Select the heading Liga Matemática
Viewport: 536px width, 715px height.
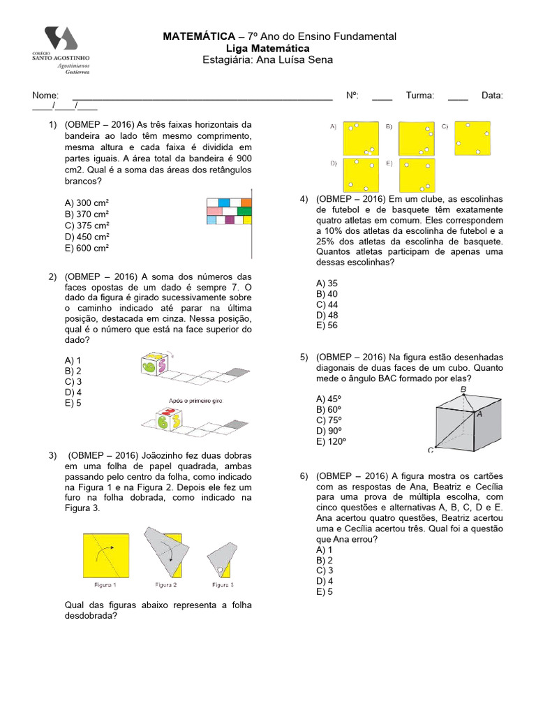click(x=269, y=48)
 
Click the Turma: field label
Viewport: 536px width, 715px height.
click(x=419, y=96)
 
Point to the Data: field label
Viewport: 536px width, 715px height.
click(x=492, y=96)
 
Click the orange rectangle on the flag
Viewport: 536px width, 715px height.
click(x=246, y=202)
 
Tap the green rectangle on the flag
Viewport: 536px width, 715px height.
click(x=244, y=211)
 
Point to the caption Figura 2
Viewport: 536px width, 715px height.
click(x=165, y=584)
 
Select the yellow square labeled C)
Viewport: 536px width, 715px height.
click(x=472, y=138)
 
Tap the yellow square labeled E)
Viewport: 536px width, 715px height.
click(x=416, y=175)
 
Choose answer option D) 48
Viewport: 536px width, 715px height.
click(x=327, y=315)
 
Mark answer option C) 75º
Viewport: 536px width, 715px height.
click(x=329, y=420)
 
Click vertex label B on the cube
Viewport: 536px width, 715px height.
click(x=463, y=390)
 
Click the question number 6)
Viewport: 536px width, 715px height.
click(x=304, y=476)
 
